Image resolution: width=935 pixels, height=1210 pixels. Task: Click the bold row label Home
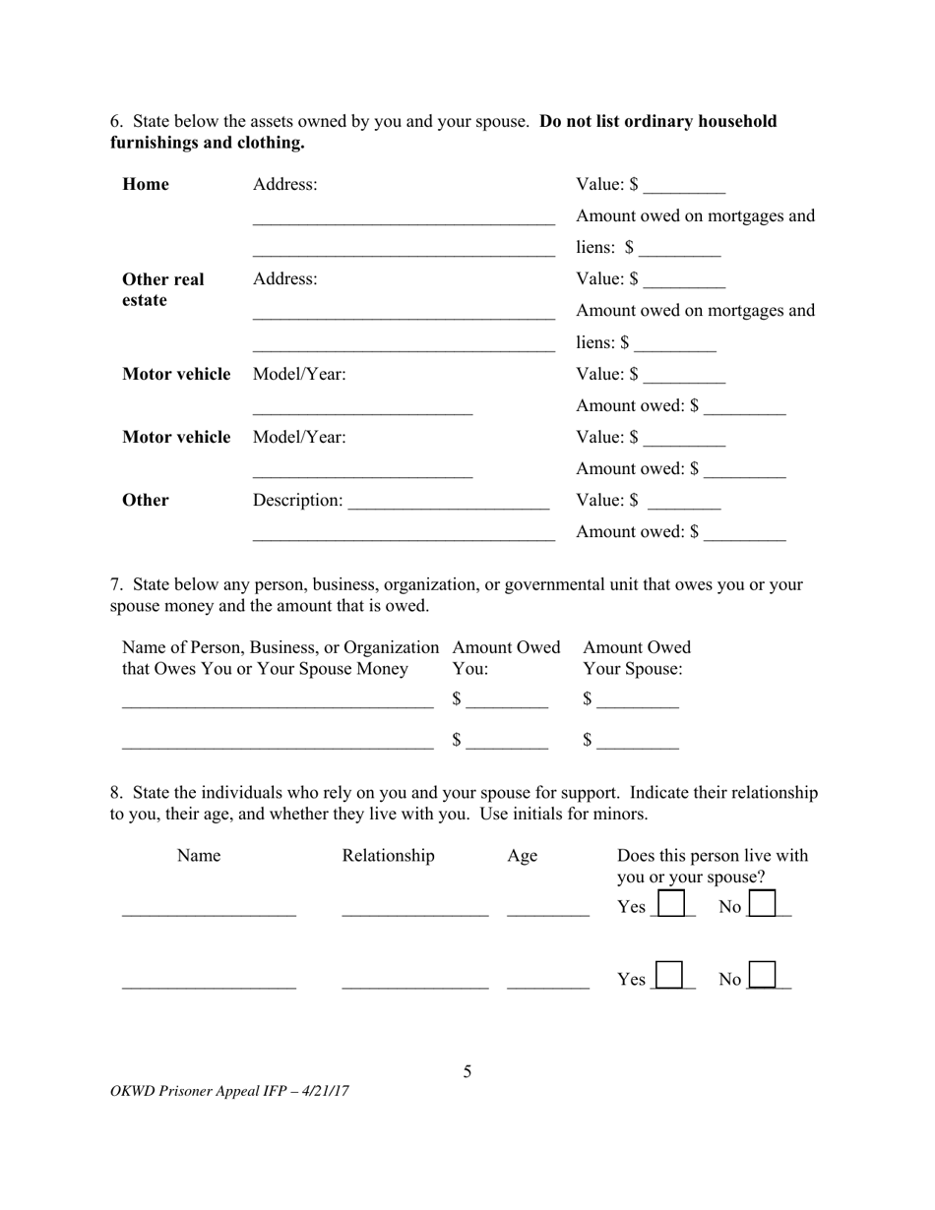pyautogui.click(x=146, y=185)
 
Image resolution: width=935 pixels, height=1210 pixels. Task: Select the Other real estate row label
pyautogui.click(x=162, y=289)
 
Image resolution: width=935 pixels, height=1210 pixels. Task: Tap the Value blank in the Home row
pyautogui.click(x=686, y=187)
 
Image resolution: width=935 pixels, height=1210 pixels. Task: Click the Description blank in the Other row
pyautogui.click(x=448, y=502)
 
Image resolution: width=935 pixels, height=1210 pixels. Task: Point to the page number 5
pyautogui.click(x=467, y=1071)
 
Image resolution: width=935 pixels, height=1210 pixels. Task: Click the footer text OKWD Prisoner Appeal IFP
pyautogui.click(x=230, y=1091)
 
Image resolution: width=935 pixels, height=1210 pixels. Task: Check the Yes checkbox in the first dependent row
pyautogui.click(x=670, y=904)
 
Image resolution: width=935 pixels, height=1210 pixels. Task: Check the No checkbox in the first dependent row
pyautogui.click(x=763, y=904)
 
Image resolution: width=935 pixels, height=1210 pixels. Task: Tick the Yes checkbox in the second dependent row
pyautogui.click(x=670, y=976)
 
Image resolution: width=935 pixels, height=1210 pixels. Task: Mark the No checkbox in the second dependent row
pyautogui.click(x=763, y=976)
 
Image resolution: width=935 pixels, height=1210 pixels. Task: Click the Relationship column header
pyautogui.click(x=388, y=856)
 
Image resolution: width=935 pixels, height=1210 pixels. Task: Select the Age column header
pyautogui.click(x=522, y=856)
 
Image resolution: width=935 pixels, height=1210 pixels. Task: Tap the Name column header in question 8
pyautogui.click(x=199, y=856)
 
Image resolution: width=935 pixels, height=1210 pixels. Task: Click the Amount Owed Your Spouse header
pyautogui.click(x=636, y=658)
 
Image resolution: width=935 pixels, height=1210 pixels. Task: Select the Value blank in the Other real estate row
pyautogui.click(x=686, y=281)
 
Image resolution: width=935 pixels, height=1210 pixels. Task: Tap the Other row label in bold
pyautogui.click(x=146, y=501)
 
